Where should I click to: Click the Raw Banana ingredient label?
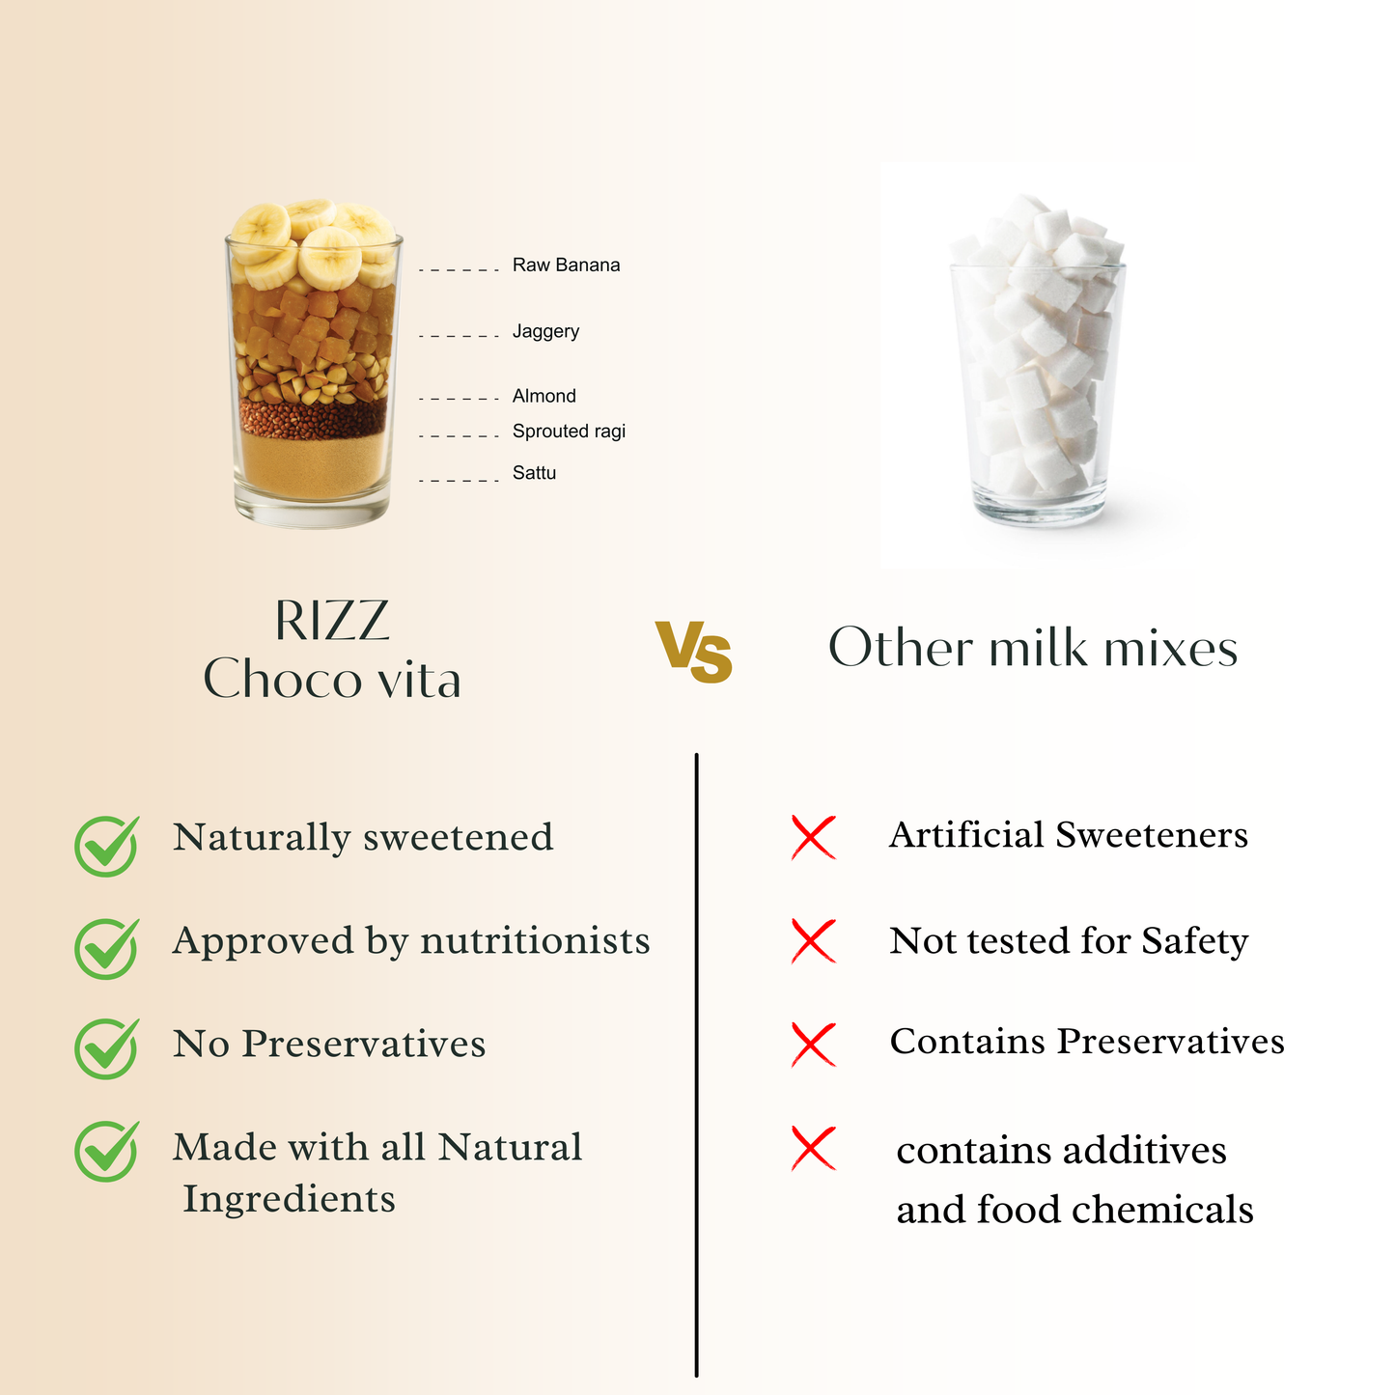click(x=566, y=265)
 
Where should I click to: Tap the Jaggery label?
click(x=545, y=331)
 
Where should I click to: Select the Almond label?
click(x=544, y=396)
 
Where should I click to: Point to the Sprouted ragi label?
click(x=569, y=432)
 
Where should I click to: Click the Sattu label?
click(x=534, y=473)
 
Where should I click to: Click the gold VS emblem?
click(x=694, y=652)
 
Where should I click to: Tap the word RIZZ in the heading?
click(x=332, y=621)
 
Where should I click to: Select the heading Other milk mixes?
click(x=1033, y=648)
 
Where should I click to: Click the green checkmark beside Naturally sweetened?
click(x=106, y=846)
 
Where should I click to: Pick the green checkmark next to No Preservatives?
click(x=106, y=1048)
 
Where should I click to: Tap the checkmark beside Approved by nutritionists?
click(x=106, y=948)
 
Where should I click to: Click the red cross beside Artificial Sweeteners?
click(x=813, y=837)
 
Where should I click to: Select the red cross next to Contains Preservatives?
click(x=813, y=1045)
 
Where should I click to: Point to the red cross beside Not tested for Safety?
click(x=813, y=941)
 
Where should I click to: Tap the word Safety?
click(x=1194, y=941)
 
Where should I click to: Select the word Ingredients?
click(x=290, y=1200)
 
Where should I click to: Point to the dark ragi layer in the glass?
click(x=313, y=418)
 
